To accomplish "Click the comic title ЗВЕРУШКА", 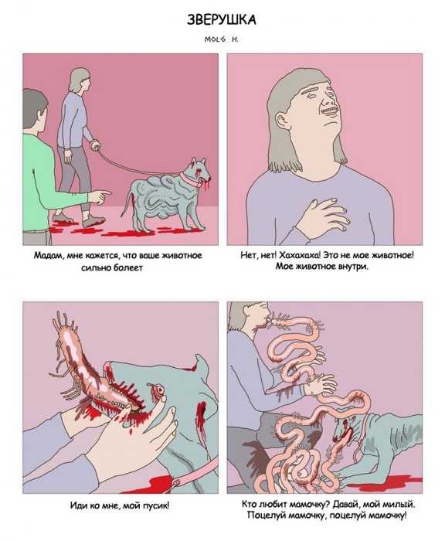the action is point(222,19).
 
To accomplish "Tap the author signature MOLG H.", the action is point(222,39).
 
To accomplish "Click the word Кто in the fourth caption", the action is point(250,505).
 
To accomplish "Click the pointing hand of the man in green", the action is point(100,196).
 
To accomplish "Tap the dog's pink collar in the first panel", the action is point(189,179).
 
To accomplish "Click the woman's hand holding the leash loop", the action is point(94,145).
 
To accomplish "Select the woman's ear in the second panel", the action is point(283,121).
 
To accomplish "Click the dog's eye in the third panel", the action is point(159,390).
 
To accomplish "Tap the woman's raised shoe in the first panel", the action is point(93,220).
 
